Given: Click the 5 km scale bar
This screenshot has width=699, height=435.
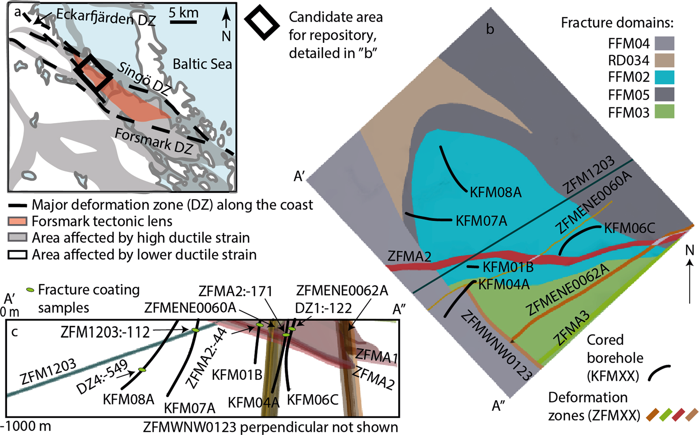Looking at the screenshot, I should (183, 21).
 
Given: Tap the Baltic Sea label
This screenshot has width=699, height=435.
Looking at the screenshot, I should (202, 64).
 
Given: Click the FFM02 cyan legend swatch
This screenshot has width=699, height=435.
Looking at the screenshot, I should (664, 77).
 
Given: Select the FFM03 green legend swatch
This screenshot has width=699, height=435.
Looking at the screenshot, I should (664, 112).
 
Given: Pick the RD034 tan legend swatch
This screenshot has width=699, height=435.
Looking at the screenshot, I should (664, 60).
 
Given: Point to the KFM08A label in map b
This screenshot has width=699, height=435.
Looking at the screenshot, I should (495, 192).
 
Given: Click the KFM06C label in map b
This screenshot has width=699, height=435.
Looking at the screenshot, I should (629, 228).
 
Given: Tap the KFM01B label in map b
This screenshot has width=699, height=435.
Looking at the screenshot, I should (508, 267).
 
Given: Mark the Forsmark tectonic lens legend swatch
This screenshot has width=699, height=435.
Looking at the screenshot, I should (17, 221).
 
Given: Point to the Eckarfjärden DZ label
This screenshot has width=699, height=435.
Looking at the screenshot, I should (106, 17).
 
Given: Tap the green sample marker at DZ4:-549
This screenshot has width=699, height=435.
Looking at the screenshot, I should (142, 370).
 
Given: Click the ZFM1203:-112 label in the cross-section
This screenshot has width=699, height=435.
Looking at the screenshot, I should (105, 332).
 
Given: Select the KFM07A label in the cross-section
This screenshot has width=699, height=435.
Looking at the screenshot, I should (190, 408).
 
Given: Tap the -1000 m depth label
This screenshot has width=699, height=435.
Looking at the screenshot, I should (25, 426).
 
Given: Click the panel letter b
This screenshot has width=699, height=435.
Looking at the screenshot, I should (490, 29).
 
